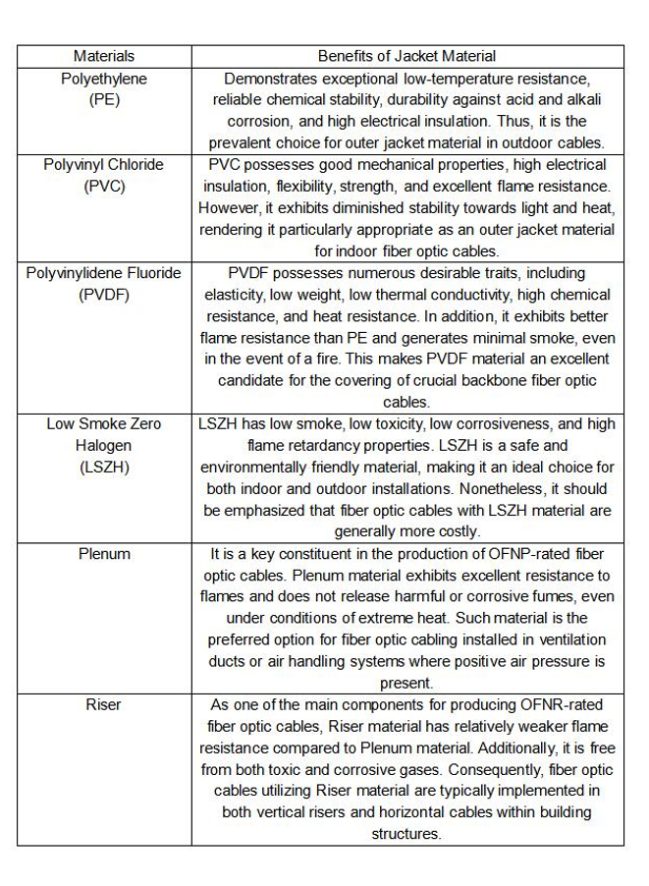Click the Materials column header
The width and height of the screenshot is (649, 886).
click(x=104, y=56)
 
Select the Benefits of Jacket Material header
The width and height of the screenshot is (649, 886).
click(x=406, y=56)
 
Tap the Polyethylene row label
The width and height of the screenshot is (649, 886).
click(x=104, y=78)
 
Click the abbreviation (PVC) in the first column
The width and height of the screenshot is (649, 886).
click(x=104, y=186)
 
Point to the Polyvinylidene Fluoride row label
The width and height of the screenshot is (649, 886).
click(x=104, y=272)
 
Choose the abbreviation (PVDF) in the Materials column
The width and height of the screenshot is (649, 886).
click(x=104, y=294)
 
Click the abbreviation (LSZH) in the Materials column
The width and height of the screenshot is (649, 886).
click(x=104, y=467)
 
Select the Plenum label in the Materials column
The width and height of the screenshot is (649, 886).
click(x=104, y=553)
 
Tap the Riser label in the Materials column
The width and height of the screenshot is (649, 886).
click(x=104, y=704)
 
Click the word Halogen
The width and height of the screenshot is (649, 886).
click(x=104, y=445)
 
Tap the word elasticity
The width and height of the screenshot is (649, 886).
click(x=237, y=294)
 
